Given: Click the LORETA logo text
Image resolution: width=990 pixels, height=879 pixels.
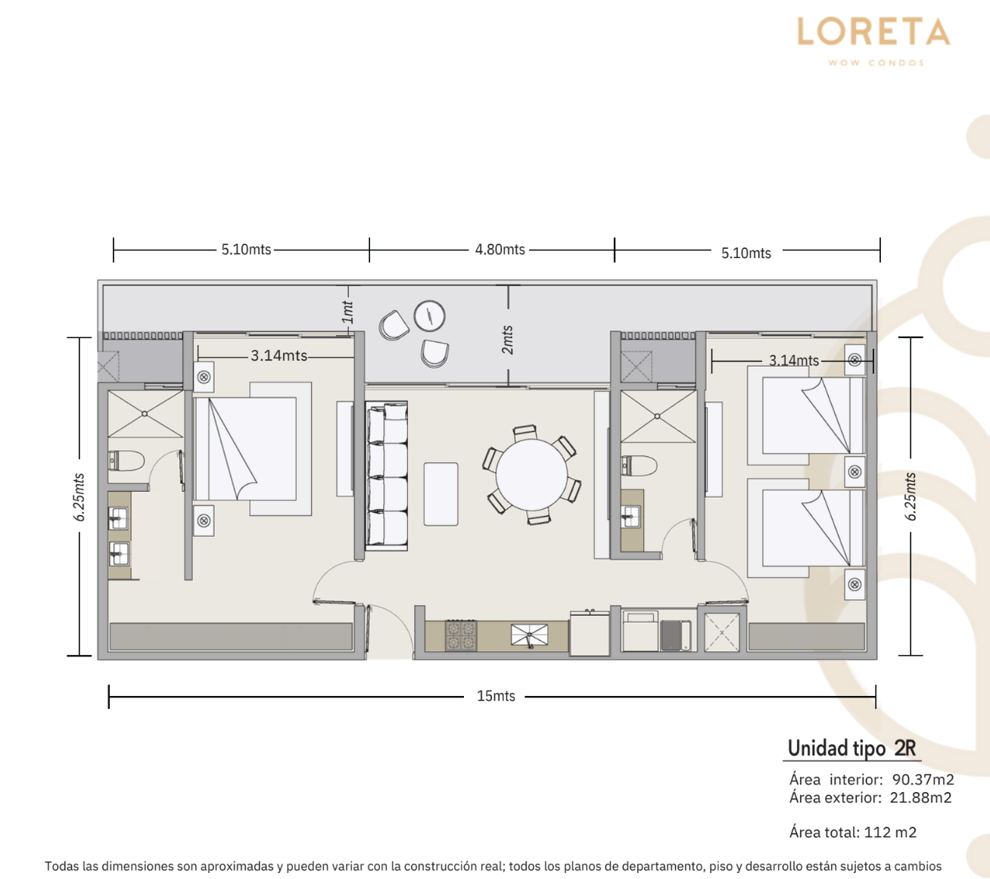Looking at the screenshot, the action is point(873,32).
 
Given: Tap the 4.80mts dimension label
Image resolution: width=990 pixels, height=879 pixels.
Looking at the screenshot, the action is point(500,250).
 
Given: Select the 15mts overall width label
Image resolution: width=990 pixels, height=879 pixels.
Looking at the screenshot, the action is point(496,696).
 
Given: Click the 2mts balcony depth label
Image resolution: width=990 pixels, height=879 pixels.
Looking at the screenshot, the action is point(508,340).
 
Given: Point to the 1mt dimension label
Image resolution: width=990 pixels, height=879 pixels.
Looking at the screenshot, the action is point(347,312).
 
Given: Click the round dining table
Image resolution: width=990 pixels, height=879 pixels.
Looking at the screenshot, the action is point(531,475).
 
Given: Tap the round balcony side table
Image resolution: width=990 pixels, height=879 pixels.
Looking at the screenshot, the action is point(429,316).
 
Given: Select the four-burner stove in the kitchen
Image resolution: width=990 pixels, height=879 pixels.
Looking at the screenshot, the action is point(461,635).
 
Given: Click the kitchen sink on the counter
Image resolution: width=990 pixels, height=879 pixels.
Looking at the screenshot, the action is point(529,635).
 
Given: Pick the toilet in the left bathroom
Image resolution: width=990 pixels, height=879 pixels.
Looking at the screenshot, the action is point(126,461).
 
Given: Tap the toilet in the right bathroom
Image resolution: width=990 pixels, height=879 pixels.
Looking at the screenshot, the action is point(638,465).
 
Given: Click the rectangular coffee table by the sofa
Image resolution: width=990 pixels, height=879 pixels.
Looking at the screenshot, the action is point(441,494).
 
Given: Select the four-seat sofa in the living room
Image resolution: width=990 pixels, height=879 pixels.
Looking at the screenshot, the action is point(387,476).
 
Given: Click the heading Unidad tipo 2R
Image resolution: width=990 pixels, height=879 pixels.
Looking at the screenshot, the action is point(851,748).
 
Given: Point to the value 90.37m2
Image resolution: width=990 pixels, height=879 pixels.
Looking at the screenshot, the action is point(923,779).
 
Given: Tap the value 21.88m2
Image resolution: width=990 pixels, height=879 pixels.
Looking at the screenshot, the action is point(920,797).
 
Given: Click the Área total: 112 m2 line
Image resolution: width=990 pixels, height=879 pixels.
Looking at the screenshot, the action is point(853,832).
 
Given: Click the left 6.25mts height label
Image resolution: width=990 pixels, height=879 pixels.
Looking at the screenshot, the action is point(79,497).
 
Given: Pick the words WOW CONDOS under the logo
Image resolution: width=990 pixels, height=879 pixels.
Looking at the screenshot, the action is point(876,63).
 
